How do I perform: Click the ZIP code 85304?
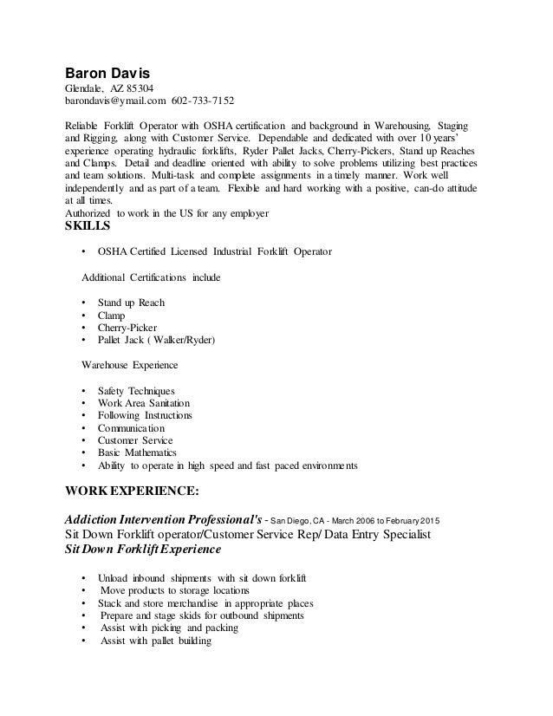140,88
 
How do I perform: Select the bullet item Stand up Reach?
131,303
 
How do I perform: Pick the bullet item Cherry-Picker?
127,328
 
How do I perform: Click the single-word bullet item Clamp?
113,316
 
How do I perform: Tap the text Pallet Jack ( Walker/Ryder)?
156,341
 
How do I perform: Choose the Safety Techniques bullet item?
137,391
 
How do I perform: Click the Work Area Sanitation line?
144,403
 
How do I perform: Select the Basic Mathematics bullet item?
137,453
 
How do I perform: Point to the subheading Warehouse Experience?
130,366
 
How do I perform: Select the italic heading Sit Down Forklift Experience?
143,549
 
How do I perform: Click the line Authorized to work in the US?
166,213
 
